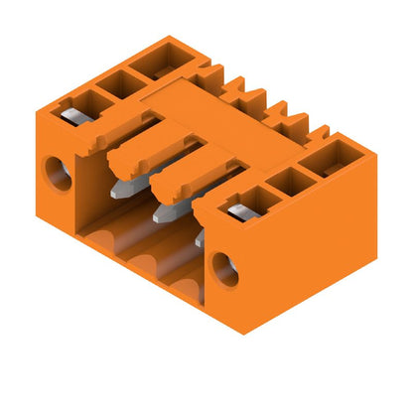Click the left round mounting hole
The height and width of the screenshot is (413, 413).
pyautogui.click(x=57, y=174)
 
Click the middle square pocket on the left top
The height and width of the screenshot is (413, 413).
pyautogui.click(x=119, y=83)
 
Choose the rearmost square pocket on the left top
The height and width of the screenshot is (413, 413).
pyautogui.click(x=160, y=62)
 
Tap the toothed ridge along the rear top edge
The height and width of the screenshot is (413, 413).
pyautogui.click(x=268, y=104)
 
